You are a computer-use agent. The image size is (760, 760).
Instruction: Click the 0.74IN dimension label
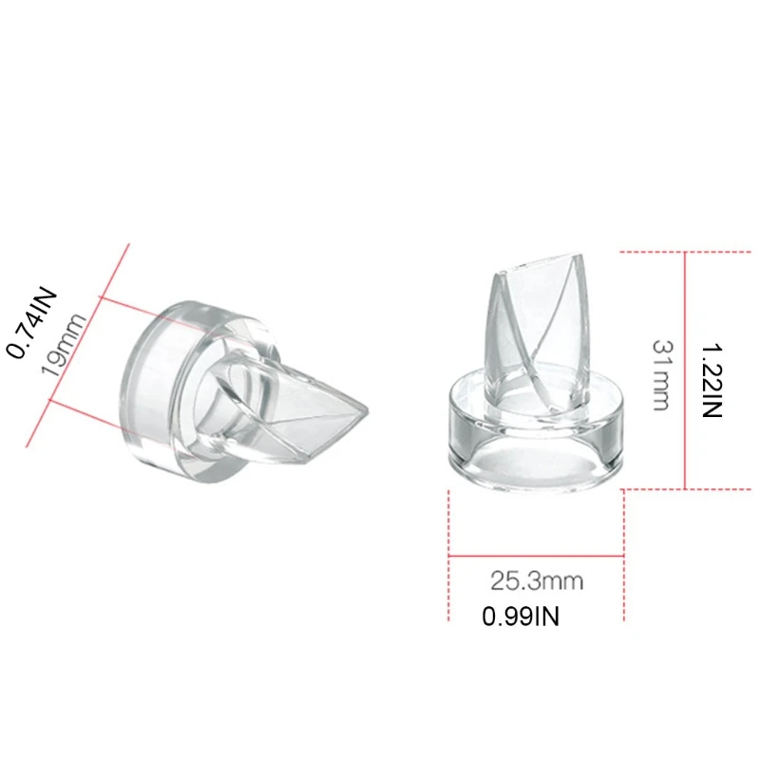point(31,324)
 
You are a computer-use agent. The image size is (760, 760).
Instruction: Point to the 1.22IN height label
point(713,381)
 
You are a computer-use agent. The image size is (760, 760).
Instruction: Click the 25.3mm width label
point(537,579)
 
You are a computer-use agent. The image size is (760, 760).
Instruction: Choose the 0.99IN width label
point(521,617)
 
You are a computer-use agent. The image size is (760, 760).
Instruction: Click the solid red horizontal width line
point(536,556)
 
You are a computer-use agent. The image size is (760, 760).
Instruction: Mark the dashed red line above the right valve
point(684,252)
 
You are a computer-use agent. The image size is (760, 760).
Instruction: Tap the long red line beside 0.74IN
point(78,343)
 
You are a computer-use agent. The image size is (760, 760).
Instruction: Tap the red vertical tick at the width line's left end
point(448,556)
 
